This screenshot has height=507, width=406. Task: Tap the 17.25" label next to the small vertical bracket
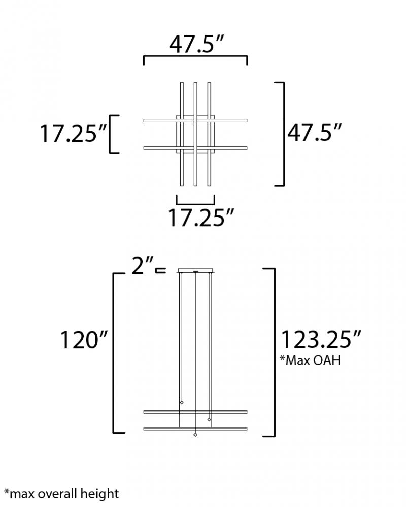(x=73, y=133)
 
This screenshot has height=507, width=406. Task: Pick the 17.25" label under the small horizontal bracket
(x=200, y=218)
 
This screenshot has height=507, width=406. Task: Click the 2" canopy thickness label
(x=142, y=266)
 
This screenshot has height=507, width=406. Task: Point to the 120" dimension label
(x=84, y=340)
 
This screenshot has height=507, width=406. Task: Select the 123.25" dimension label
(x=321, y=339)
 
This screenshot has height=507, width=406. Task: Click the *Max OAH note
(x=310, y=360)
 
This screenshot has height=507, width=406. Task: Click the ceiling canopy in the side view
(x=195, y=270)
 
